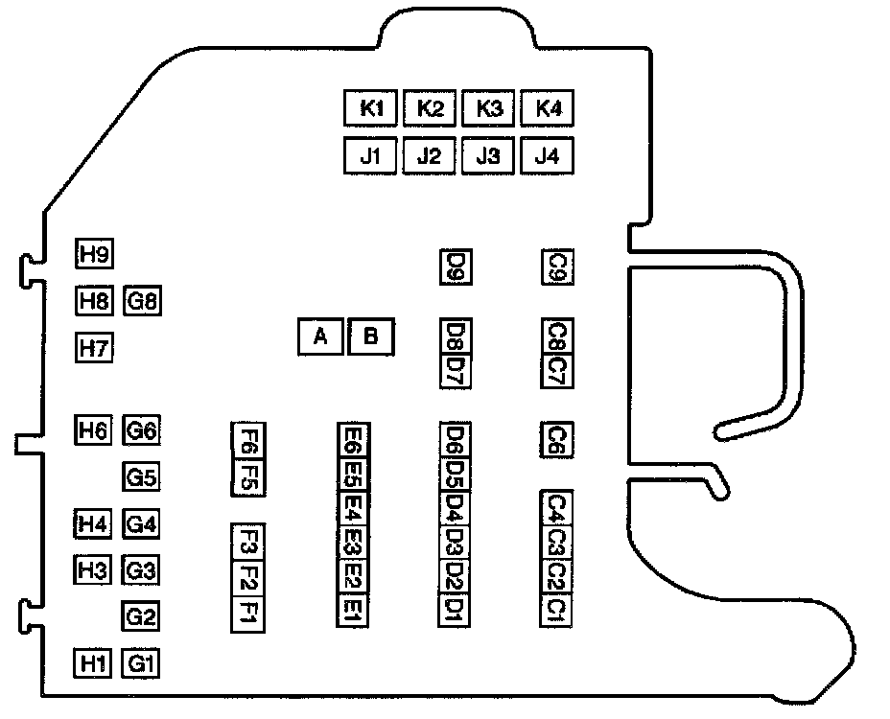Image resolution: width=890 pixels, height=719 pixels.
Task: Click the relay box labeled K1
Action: (371, 108)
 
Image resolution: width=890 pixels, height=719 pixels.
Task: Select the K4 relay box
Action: (548, 108)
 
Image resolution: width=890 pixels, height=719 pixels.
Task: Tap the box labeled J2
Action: (430, 155)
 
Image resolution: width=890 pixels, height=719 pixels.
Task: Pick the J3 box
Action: (489, 155)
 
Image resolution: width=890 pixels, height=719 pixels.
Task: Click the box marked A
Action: (321, 336)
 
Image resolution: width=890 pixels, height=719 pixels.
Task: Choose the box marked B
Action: (370, 336)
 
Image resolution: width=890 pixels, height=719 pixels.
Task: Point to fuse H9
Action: (94, 255)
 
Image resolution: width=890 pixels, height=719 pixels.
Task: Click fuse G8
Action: (142, 302)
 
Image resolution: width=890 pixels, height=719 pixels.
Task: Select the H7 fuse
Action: (94, 347)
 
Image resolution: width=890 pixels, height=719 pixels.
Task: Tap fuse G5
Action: (142, 476)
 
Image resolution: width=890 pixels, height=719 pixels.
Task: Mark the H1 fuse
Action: (94, 662)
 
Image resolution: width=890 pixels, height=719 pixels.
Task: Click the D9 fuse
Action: (455, 267)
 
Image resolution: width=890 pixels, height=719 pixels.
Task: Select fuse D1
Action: (455, 609)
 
